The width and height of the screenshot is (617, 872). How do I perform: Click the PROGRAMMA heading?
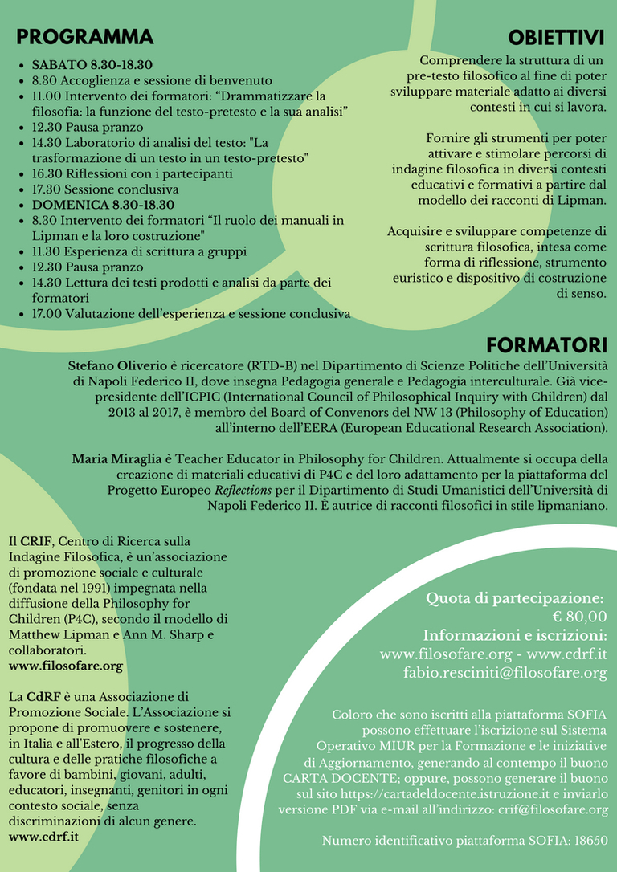(x=84, y=37)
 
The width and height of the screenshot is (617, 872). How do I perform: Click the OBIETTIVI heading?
(x=555, y=38)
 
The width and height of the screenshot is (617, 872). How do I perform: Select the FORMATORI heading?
(x=546, y=345)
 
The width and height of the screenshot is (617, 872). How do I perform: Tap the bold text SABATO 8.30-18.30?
(x=92, y=65)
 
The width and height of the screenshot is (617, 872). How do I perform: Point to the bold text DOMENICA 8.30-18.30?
(x=100, y=205)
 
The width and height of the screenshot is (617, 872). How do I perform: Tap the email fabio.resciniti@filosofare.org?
(x=505, y=673)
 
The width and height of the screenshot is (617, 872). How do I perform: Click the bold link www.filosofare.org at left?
(x=66, y=666)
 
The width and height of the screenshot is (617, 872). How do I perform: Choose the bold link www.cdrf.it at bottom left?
(x=43, y=837)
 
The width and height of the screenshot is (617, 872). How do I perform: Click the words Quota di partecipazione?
(x=514, y=598)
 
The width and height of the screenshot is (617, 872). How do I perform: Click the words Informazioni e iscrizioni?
(x=515, y=635)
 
